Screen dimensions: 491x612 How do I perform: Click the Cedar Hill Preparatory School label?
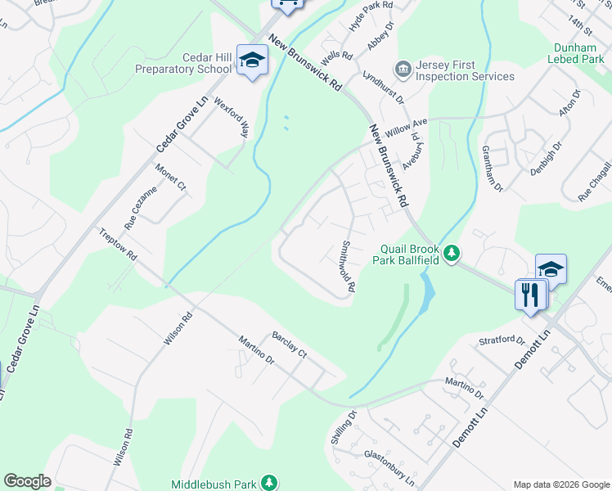(x=184, y=63)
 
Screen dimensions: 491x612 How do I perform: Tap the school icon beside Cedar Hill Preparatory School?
(x=252, y=61)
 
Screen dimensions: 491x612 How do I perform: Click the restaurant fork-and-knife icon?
(x=529, y=295)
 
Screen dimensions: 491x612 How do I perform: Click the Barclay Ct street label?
(x=289, y=345)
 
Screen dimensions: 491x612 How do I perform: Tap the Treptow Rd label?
(x=119, y=245)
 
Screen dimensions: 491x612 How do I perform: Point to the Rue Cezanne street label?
(x=140, y=207)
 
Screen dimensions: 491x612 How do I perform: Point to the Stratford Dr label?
(x=502, y=340)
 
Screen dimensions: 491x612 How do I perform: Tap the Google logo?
(x=27, y=481)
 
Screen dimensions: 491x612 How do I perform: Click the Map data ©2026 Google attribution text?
(x=560, y=484)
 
